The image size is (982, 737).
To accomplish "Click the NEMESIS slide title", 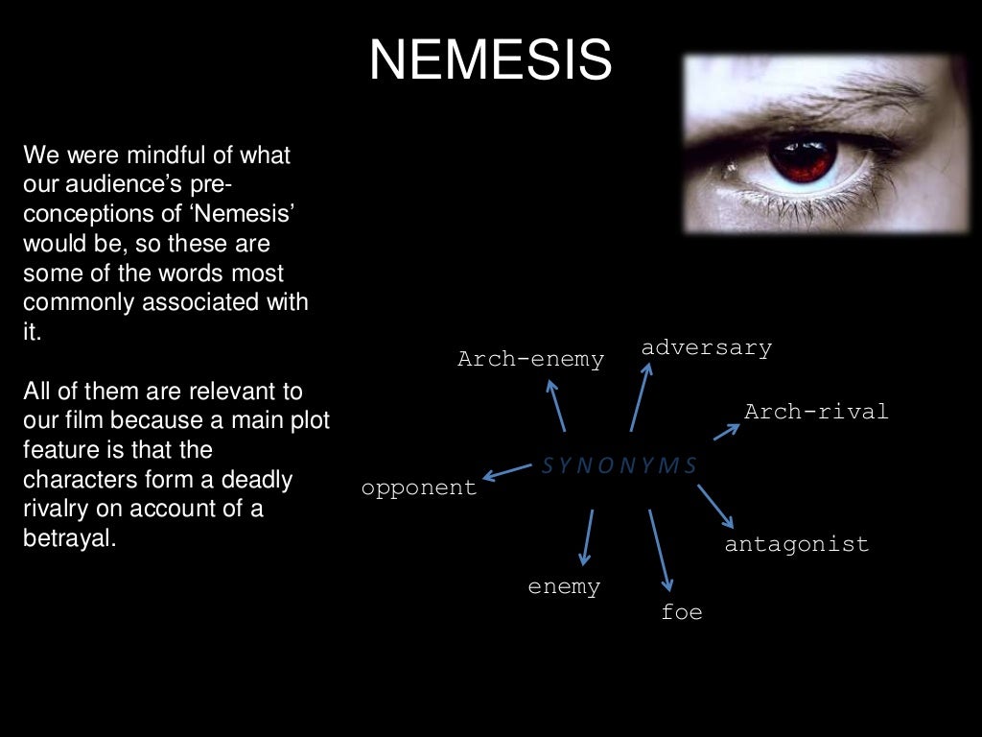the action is [x=490, y=61].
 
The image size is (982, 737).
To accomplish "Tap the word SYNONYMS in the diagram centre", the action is [x=620, y=466].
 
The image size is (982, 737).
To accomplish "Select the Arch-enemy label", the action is [x=530, y=360].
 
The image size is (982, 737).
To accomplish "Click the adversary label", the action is [x=707, y=347].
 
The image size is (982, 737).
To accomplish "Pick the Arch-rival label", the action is [x=816, y=412].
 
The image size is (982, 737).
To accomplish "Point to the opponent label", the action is [x=419, y=487].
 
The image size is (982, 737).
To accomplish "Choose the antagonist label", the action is [x=796, y=544].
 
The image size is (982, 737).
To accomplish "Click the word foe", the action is [x=682, y=611].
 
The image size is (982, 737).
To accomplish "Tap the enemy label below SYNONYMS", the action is [x=564, y=586].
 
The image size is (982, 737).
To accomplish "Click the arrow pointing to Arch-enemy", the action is [x=556, y=405].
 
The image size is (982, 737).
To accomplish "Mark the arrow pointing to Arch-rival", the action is [x=726, y=431].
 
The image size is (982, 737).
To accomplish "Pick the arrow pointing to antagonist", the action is [x=715, y=506].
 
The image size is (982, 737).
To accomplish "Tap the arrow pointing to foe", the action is [x=661, y=550].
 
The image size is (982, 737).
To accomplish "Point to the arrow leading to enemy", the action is [x=587, y=537].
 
